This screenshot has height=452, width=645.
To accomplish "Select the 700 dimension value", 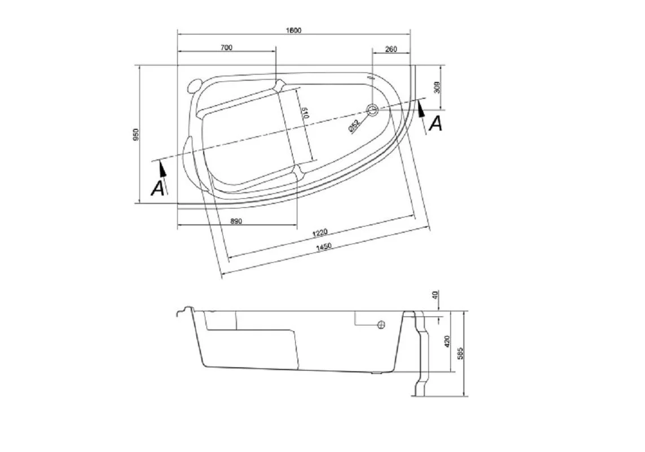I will (x=226, y=48).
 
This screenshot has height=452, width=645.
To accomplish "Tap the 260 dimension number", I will (x=390, y=49).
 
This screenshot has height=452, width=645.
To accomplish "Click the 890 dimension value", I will (x=236, y=221).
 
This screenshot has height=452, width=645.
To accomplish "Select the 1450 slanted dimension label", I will (x=324, y=246).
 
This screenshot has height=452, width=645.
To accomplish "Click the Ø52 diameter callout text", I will (x=354, y=125).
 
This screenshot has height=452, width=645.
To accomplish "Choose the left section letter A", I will (x=158, y=188).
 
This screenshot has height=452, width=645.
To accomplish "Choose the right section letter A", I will (x=435, y=123).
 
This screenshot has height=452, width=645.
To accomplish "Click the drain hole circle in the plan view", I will (x=372, y=110).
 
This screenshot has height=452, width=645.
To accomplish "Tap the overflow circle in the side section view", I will (x=381, y=324).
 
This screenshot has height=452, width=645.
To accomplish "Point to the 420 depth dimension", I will (x=447, y=341).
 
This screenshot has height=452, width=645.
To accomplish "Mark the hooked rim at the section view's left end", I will (x=183, y=311).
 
